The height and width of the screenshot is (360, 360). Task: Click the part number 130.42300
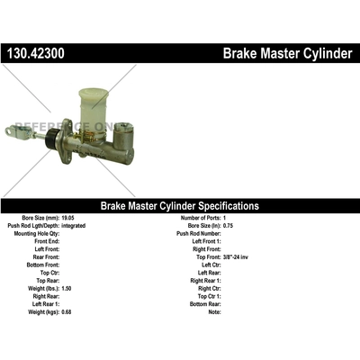(x=36, y=53)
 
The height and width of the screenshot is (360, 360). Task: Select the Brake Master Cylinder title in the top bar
(x=287, y=53)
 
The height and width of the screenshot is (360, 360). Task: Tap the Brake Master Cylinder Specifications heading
(x=180, y=206)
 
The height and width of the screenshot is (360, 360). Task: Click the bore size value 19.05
(x=67, y=218)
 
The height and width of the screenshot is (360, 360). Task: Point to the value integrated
(x=74, y=226)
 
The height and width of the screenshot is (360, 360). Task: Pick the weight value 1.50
(x=67, y=289)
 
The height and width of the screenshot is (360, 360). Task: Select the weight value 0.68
(x=67, y=312)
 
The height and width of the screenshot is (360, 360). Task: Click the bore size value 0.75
(x=229, y=226)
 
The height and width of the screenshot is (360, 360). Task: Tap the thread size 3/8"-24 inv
(x=236, y=257)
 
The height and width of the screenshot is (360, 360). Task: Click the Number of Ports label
(x=201, y=218)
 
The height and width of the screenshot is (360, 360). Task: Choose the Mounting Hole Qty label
(x=37, y=234)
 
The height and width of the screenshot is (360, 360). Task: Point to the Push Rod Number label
(x=199, y=234)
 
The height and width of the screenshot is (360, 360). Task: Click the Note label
(x=214, y=312)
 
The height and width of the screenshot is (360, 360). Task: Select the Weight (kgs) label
(x=44, y=312)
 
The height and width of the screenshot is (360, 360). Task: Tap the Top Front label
(x=209, y=257)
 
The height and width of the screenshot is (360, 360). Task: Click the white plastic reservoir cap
(x=94, y=92)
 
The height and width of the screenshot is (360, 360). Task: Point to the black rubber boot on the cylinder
(x=53, y=138)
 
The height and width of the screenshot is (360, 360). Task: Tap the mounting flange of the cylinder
(x=67, y=141)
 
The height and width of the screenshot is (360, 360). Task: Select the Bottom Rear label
(x=205, y=304)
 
